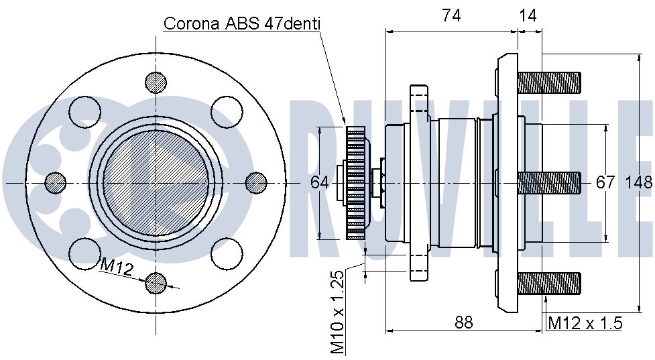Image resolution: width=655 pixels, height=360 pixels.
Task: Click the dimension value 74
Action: click(x=451, y=15)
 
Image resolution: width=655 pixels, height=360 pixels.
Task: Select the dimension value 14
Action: click(x=527, y=15)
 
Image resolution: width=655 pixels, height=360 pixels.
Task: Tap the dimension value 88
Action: click(x=463, y=322)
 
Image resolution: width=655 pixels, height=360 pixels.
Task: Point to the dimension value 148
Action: click(x=639, y=182)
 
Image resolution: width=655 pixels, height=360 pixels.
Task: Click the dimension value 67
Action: click(x=605, y=182)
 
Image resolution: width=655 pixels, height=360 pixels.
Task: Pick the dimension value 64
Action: click(x=320, y=182)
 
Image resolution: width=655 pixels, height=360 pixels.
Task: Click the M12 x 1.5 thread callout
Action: click(x=585, y=323)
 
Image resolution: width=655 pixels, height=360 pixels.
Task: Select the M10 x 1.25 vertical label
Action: click(x=337, y=312)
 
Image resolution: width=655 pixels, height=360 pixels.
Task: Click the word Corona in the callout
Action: click(x=192, y=23)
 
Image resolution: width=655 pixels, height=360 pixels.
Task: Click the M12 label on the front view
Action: click(x=117, y=267)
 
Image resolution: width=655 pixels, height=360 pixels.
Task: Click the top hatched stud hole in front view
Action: click(x=156, y=82)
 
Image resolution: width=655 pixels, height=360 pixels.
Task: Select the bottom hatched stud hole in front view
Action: click(x=156, y=284)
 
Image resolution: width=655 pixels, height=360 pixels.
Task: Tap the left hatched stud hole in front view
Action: click(x=55, y=183)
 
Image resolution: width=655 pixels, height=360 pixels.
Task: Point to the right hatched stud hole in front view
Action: click(x=256, y=183)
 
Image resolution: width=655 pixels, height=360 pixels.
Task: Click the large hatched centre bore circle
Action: click(x=156, y=183)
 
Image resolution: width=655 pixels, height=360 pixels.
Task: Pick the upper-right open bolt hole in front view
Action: click(x=227, y=112)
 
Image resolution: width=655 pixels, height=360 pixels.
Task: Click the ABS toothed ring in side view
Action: click(x=355, y=183)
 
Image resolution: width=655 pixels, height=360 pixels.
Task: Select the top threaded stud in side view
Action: click(x=549, y=82)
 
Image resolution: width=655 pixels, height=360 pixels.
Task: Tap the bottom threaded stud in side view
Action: click(x=549, y=284)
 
